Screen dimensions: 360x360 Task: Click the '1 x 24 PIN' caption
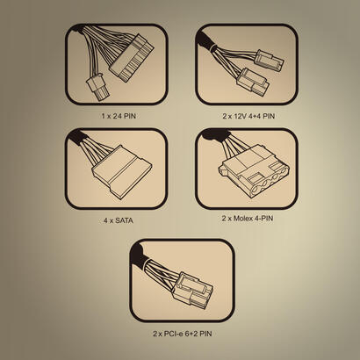tap(119, 116)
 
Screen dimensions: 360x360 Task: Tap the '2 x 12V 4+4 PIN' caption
tap(248, 116)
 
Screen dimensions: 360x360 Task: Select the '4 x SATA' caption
tap(119, 220)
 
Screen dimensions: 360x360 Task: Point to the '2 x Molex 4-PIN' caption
tap(248, 218)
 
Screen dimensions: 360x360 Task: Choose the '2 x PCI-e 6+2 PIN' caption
tap(182, 334)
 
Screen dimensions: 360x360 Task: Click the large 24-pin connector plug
tap(132, 58)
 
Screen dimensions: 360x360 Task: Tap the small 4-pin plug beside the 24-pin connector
tap(97, 87)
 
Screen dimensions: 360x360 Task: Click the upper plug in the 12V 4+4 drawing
tap(270, 61)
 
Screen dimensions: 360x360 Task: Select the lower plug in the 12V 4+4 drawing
tap(253, 82)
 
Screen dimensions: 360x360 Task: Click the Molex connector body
tap(254, 171)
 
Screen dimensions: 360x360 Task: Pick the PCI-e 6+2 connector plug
tap(192, 290)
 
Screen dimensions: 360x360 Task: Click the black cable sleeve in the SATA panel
tap(76, 137)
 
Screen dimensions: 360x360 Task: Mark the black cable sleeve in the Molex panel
tap(217, 134)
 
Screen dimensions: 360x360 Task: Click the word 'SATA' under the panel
tap(124, 220)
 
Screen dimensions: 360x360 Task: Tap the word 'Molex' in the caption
tap(244, 218)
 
